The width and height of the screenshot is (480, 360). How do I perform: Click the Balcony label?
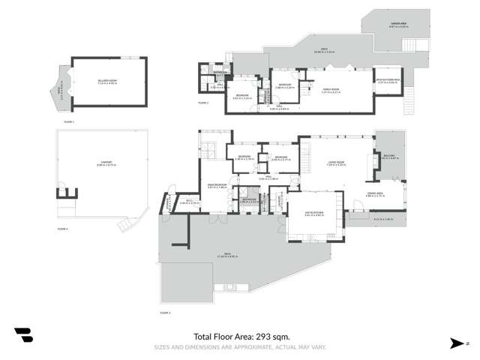388,157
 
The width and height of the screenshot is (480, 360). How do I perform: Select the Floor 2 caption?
203,103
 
